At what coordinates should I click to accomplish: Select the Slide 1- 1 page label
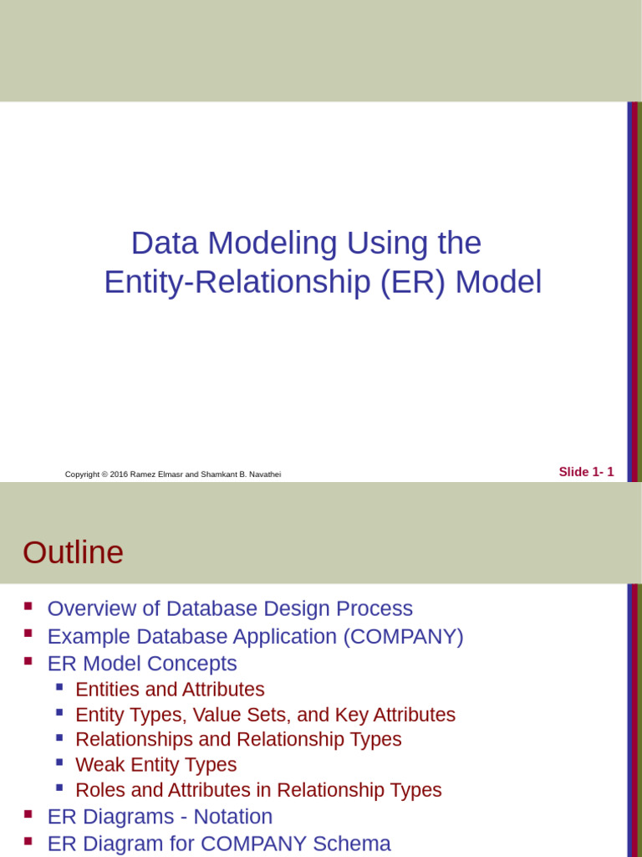click(586, 472)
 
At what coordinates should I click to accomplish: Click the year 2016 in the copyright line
click(119, 475)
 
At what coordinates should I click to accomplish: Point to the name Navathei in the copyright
click(263, 475)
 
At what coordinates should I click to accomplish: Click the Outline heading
click(73, 552)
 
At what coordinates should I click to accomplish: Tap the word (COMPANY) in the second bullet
click(403, 636)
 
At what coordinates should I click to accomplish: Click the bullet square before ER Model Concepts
click(28, 660)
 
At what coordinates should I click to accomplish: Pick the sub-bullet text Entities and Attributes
click(170, 690)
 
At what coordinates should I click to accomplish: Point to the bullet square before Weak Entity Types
click(59, 762)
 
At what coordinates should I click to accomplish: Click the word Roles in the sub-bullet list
click(97, 790)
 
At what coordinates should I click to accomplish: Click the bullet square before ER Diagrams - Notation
click(28, 813)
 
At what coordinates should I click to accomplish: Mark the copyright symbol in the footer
click(105, 475)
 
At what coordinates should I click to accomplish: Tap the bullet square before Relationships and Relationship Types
click(59, 737)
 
